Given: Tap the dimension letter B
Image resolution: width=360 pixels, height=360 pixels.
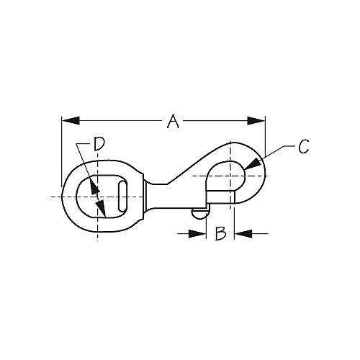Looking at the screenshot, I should coord(222,233).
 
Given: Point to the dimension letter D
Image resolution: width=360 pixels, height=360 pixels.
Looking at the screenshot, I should coord(99,145).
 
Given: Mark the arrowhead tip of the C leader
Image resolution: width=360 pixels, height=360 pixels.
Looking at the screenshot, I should coord(248,168).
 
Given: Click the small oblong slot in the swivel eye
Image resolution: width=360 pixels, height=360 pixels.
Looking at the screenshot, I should coord(124,196).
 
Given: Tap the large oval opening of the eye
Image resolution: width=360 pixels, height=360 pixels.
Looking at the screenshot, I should coord(92,196).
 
